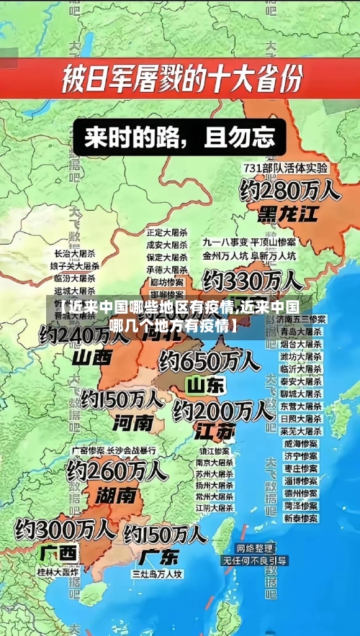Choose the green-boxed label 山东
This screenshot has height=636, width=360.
click(x=206, y=385)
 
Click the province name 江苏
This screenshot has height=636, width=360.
click(x=215, y=432)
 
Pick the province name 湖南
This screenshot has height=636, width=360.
click(x=117, y=495)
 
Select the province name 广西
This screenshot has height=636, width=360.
click(x=59, y=553)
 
